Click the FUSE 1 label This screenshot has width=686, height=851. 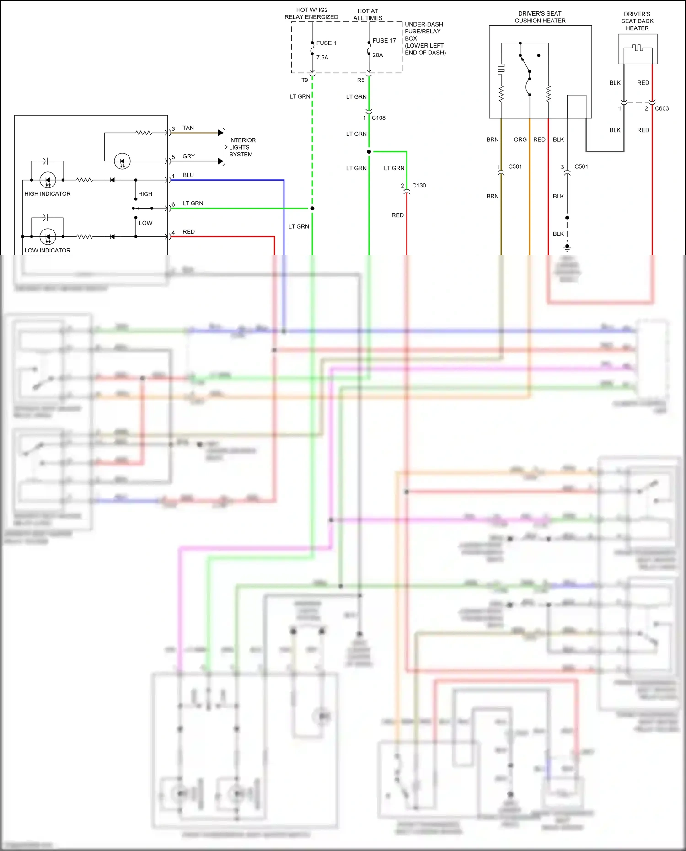pos(326,43)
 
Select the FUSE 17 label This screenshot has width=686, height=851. pos(384,41)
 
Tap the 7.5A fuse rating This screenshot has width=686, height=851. pos(322,58)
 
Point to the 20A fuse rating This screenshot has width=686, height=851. pos(377,55)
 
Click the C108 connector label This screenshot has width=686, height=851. pos(378,118)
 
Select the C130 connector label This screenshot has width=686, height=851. pos(418,186)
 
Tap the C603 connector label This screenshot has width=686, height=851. pos(661,109)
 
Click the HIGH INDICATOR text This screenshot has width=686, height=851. pos(47,194)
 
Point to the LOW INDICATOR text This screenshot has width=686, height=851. pos(47,251)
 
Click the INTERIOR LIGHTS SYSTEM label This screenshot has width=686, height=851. pos(242,147)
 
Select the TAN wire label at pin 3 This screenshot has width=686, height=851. pos(188,128)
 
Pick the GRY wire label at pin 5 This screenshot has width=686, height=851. pos(188,156)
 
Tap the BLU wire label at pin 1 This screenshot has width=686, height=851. pos(188,175)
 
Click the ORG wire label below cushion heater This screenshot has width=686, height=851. pos(520,139)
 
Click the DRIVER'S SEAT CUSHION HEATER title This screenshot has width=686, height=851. pos(540,17)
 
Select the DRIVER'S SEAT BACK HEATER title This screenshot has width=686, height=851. pos(637,21)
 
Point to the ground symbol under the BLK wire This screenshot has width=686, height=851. pos(567,247)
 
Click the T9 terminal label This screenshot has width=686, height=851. pos(305,80)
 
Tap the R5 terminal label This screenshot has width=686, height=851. pos(361,80)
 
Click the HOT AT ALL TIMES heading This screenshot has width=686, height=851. pos(368,15)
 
